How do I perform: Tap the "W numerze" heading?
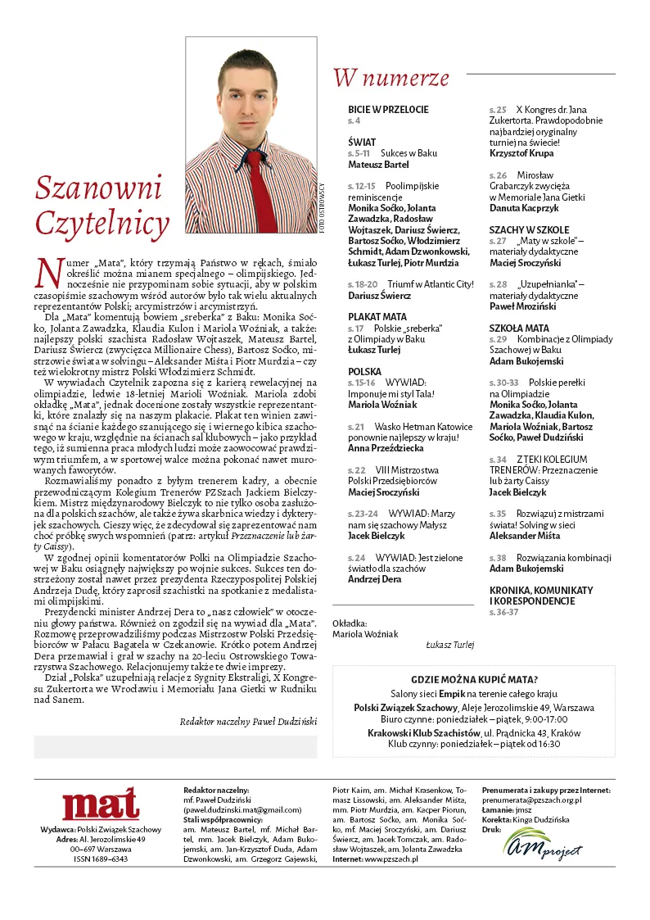pyautogui.click(x=390, y=78)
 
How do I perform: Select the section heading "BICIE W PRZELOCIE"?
pyautogui.click(x=388, y=109)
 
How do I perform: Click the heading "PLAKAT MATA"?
pyautogui.click(x=377, y=316)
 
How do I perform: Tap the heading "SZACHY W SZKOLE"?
pyautogui.click(x=529, y=230)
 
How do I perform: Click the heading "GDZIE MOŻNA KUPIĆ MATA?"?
pyautogui.click(x=474, y=679)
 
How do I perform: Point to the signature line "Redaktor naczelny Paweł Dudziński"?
pyautogui.click(x=247, y=721)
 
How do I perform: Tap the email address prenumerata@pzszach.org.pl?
pyautogui.click(x=531, y=800)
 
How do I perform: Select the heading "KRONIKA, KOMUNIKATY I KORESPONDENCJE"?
pyautogui.click(x=541, y=596)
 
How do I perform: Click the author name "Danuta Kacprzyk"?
pyautogui.click(x=525, y=208)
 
